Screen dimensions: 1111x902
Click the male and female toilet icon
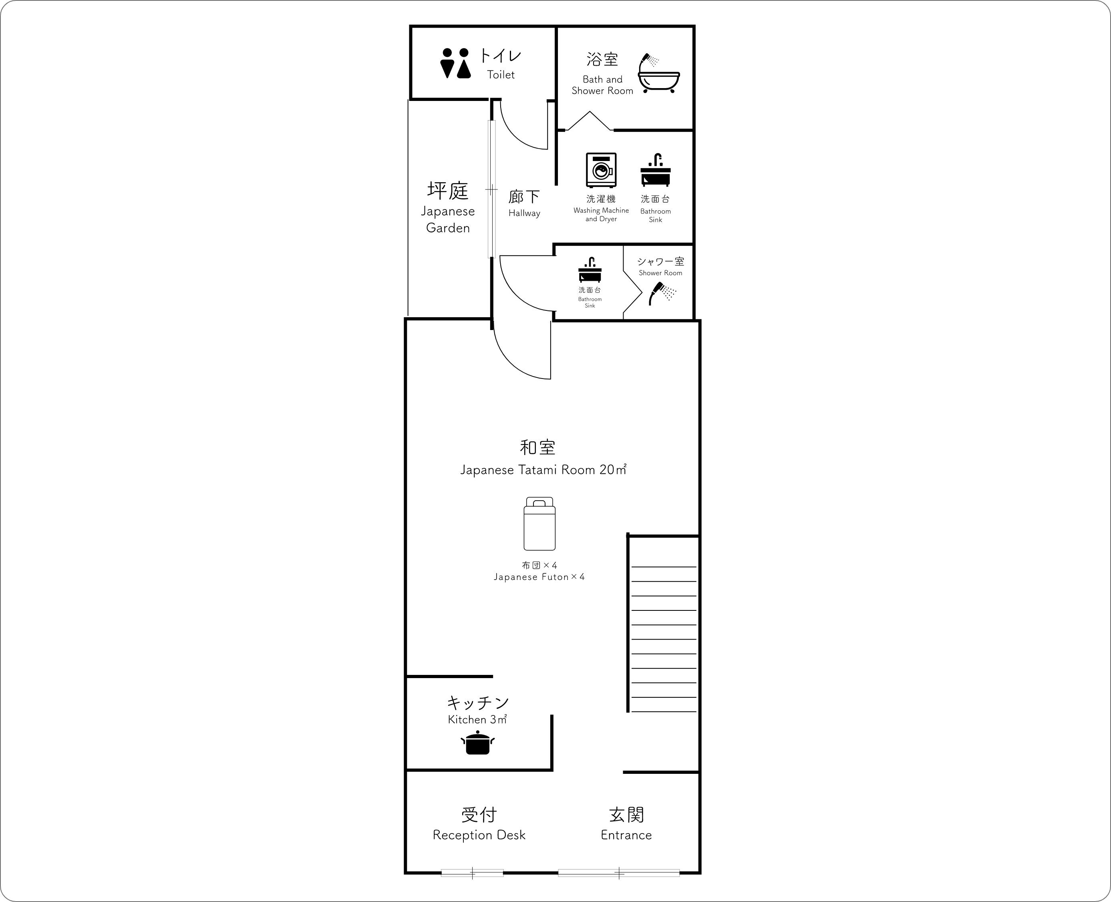tap(455, 63)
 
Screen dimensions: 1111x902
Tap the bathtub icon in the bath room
tap(658, 73)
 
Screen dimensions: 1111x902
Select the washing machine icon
tap(601, 170)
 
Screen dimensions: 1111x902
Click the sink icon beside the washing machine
tap(656, 170)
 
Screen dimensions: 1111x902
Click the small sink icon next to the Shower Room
tap(590, 269)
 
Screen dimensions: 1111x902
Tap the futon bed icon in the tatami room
tap(539, 524)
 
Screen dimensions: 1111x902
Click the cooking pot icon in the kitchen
tap(478, 743)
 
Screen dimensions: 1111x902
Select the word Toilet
tap(501, 75)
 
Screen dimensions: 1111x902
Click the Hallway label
tap(524, 213)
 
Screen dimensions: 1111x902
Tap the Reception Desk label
tap(479, 835)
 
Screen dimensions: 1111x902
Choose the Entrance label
tap(626, 835)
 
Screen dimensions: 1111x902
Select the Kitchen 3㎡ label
tap(477, 720)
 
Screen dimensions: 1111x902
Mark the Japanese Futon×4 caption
tap(539, 577)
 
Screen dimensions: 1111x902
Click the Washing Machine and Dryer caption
tap(601, 215)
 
